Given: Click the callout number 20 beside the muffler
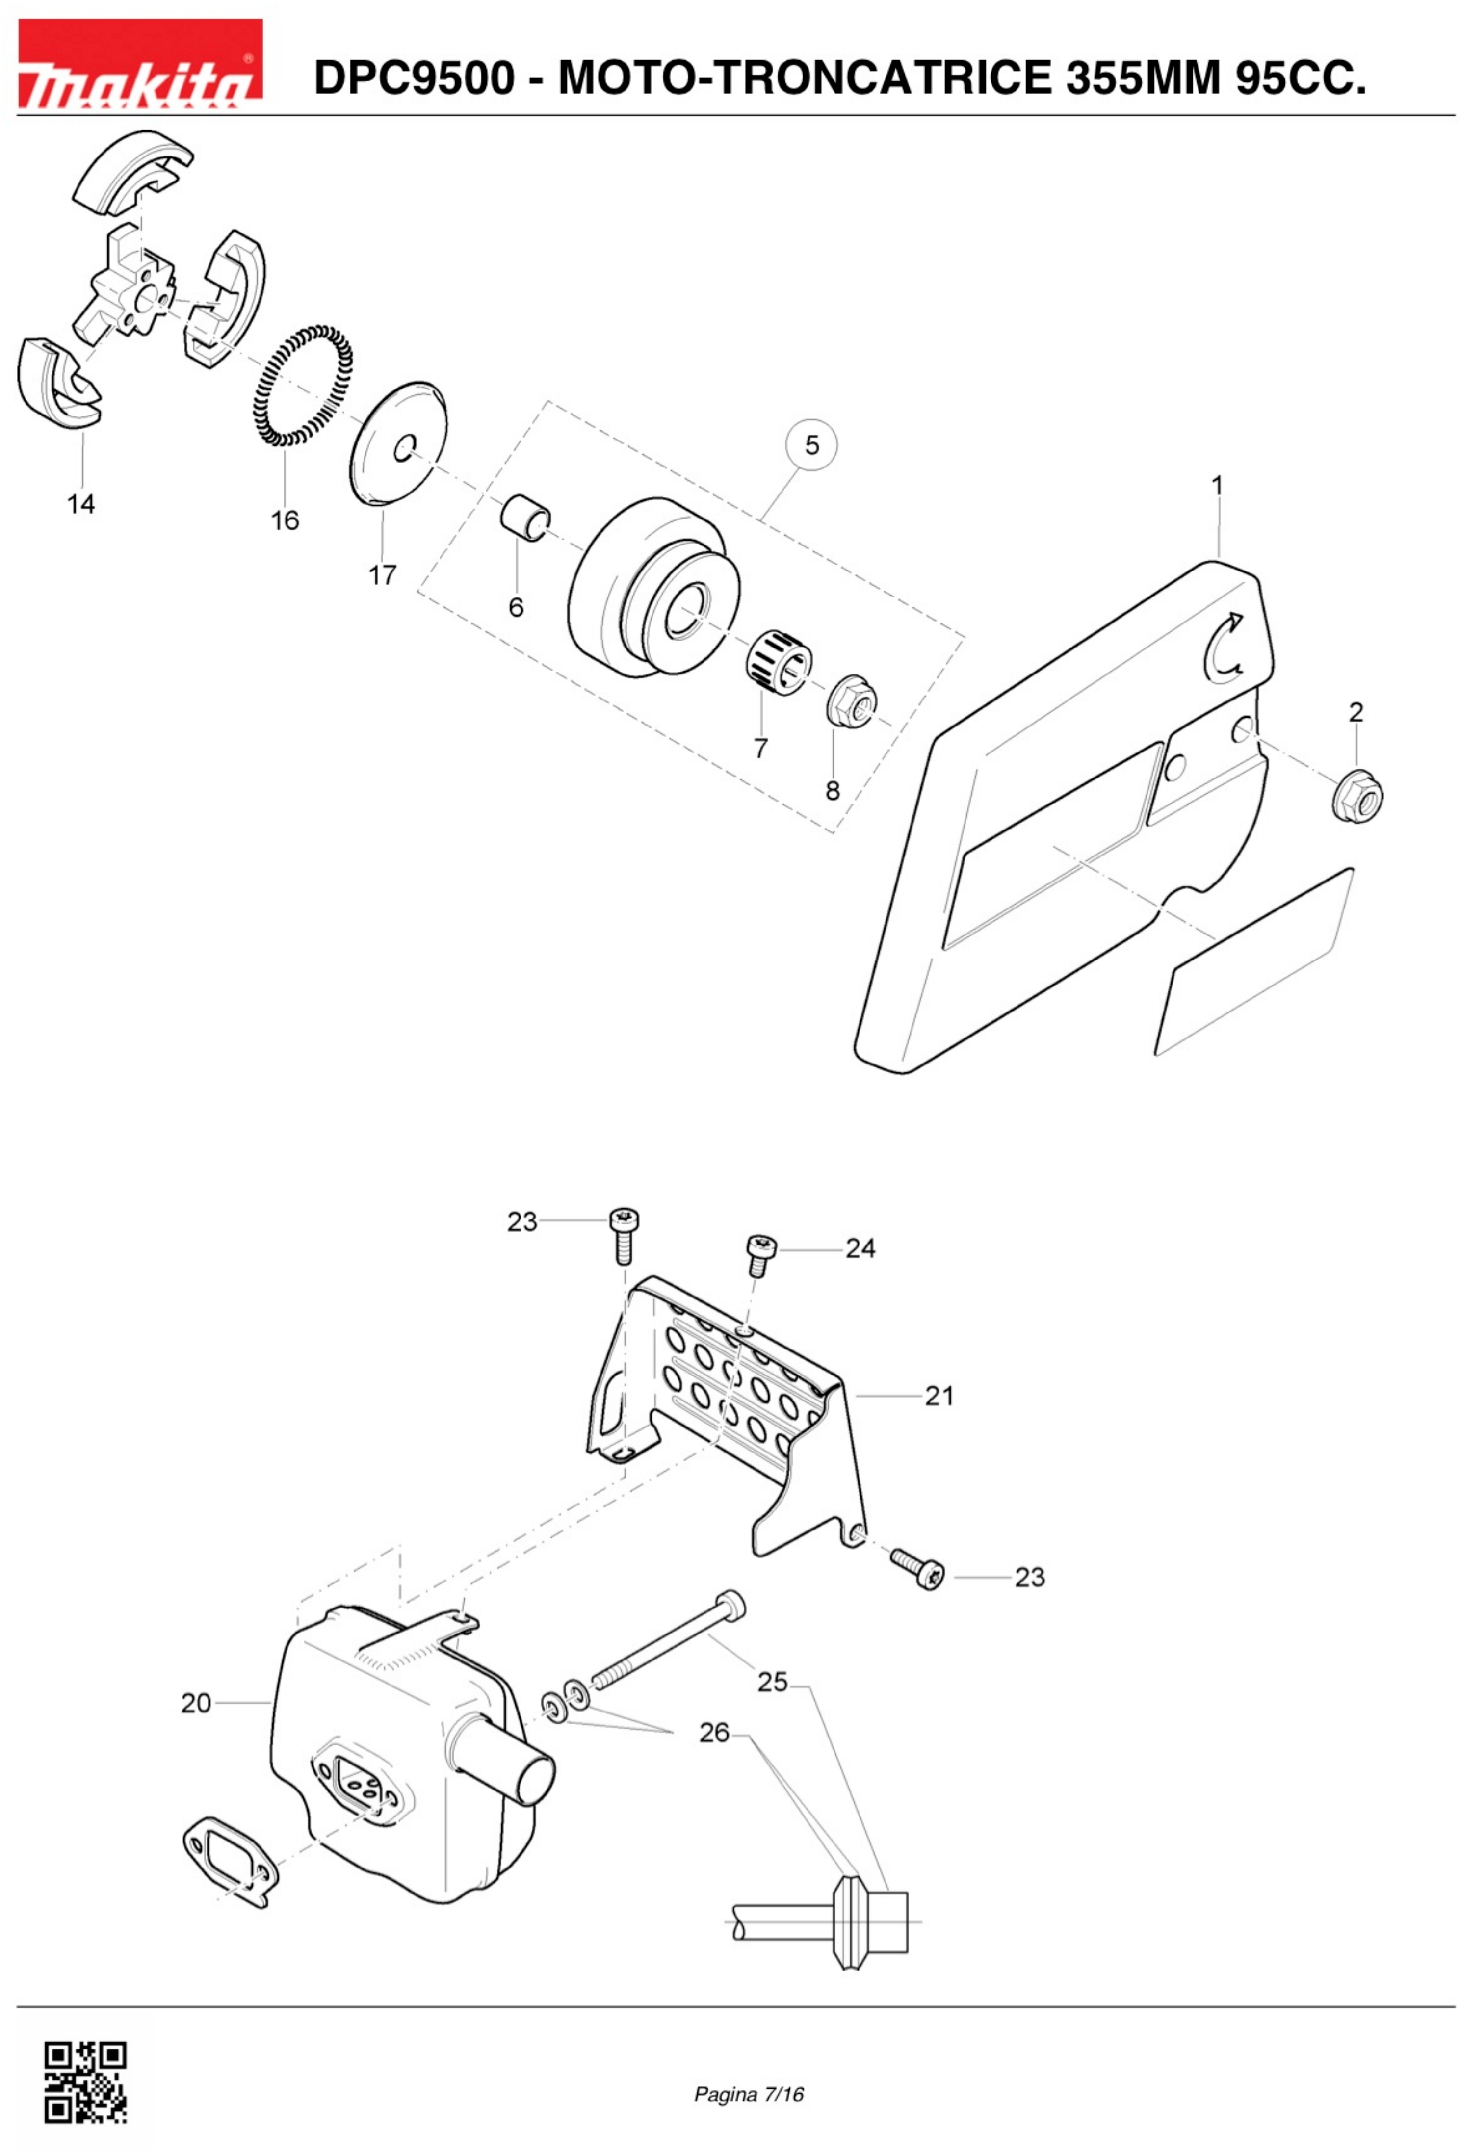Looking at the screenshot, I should [x=195, y=1703].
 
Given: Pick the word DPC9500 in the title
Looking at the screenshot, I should [x=413, y=78].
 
